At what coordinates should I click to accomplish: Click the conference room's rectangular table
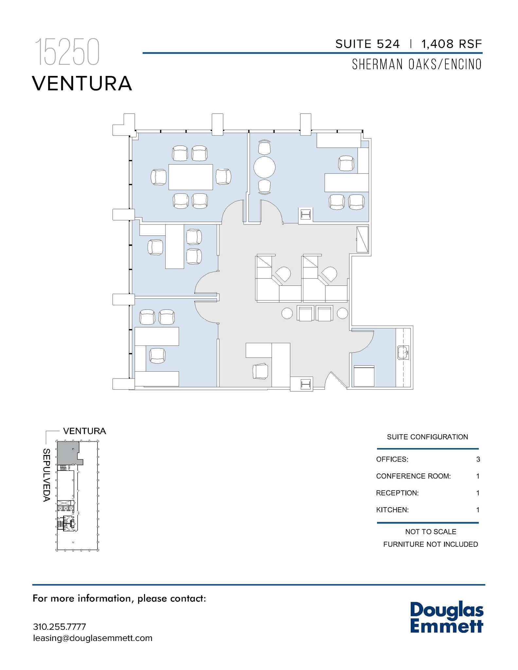191,177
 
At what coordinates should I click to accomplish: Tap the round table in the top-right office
264,167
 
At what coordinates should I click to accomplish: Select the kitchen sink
403,353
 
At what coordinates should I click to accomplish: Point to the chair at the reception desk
260,371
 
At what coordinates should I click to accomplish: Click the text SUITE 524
367,44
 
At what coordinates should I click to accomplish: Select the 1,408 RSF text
452,44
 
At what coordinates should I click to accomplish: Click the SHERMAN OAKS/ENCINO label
417,64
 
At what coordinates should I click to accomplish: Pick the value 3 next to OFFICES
478,459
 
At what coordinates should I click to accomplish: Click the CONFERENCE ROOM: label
413,476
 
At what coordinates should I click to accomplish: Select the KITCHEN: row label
392,510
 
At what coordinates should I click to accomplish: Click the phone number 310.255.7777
60,627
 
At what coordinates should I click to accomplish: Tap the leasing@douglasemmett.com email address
93,638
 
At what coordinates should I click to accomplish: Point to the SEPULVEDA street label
46,475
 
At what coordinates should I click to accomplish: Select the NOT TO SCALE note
430,532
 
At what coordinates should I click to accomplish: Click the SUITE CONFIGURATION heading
427,437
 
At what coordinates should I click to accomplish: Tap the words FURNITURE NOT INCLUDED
430,544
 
